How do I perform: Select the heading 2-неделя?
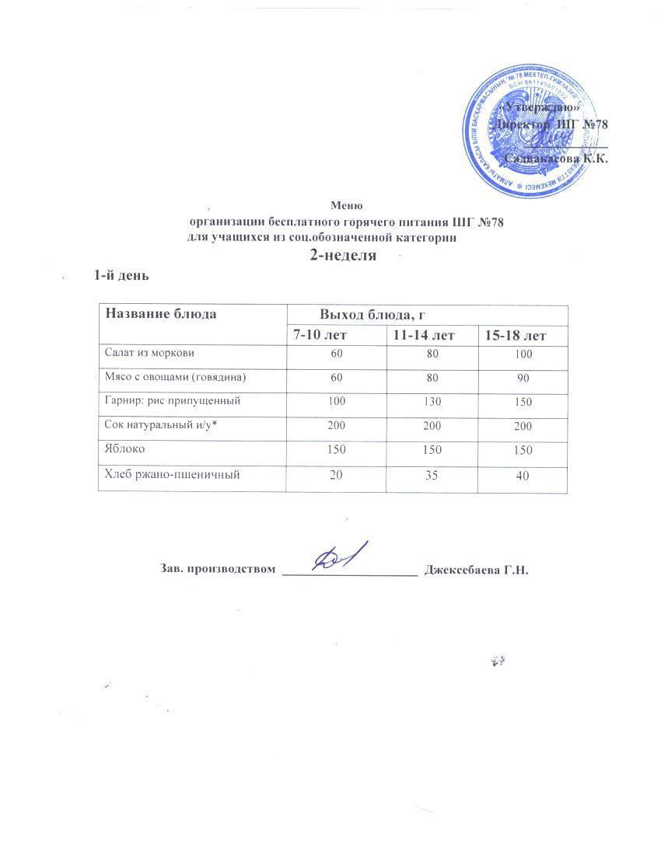tap(344, 256)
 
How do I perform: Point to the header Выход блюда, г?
tap(376, 315)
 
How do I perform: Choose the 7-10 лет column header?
tap(320, 335)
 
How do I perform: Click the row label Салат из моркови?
tap(149, 353)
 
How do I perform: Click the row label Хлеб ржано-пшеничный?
tap(168, 474)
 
